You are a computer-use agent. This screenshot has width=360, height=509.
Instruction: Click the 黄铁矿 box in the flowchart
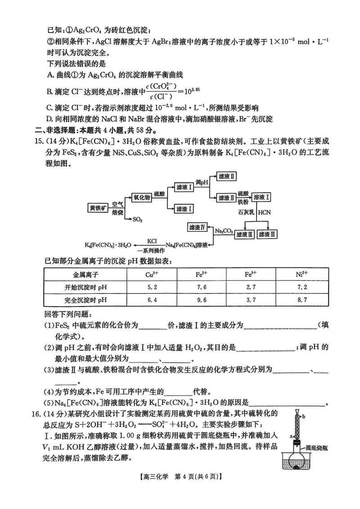click(x=97, y=207)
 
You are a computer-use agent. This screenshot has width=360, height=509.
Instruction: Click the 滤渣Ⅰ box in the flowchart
click(x=184, y=208)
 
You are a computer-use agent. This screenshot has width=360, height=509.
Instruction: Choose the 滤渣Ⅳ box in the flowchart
click(x=197, y=226)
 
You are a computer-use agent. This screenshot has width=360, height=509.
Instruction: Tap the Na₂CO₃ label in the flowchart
click(x=224, y=231)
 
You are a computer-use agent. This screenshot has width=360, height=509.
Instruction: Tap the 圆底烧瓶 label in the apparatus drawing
click(x=318, y=448)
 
